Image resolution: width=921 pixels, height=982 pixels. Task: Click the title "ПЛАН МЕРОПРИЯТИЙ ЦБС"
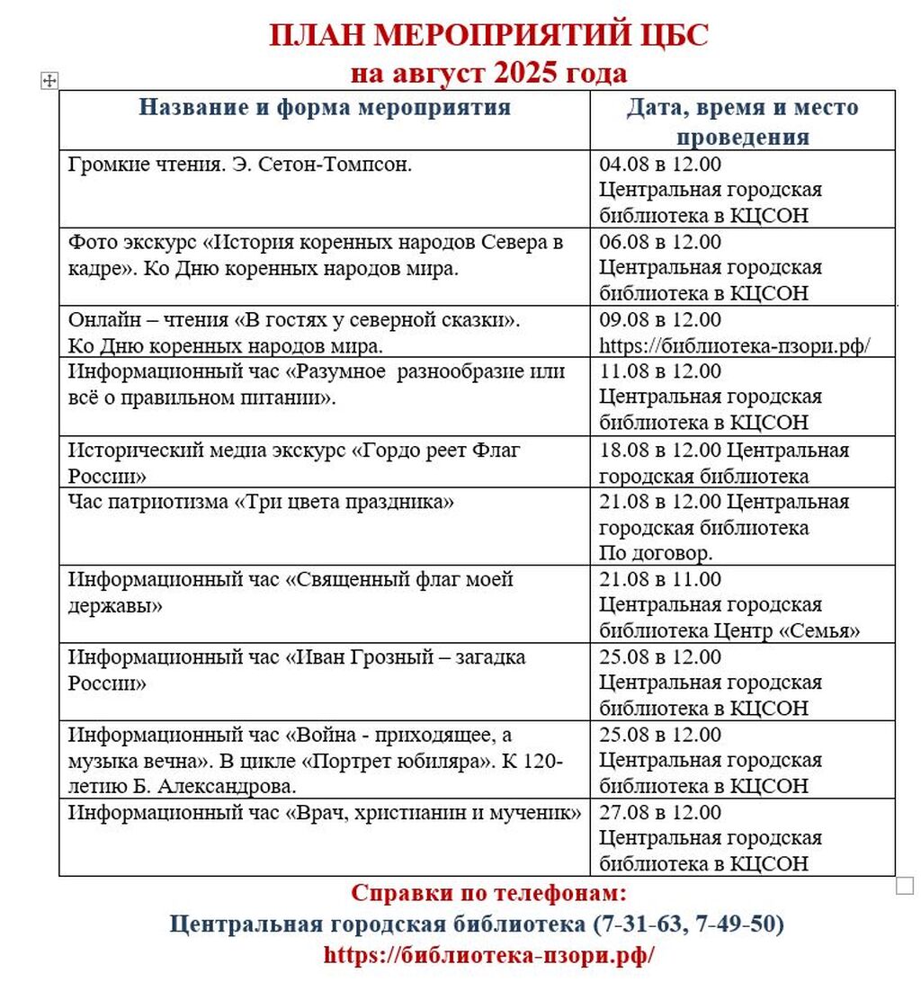coord(488,36)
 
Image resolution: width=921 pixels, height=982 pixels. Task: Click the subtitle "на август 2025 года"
coord(488,72)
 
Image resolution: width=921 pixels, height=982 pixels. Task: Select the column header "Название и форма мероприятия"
coord(325,108)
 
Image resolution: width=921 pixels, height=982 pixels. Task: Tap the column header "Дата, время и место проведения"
coord(742,121)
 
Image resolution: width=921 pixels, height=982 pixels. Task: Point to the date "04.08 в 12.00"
coord(660,165)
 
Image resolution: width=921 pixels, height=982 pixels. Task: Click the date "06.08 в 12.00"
coord(660,242)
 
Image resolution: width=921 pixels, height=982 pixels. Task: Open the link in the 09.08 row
coord(736,345)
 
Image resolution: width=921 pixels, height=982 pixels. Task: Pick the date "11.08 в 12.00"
coord(660,371)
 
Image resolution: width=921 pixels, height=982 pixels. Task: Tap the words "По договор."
coord(656,553)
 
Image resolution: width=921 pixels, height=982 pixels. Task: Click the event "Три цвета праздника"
coord(344,502)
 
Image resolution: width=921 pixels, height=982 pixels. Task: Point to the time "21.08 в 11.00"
coord(660,580)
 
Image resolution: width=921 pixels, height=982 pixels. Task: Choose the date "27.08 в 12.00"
coord(660,813)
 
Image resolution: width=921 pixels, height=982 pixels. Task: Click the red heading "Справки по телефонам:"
coord(488,894)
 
